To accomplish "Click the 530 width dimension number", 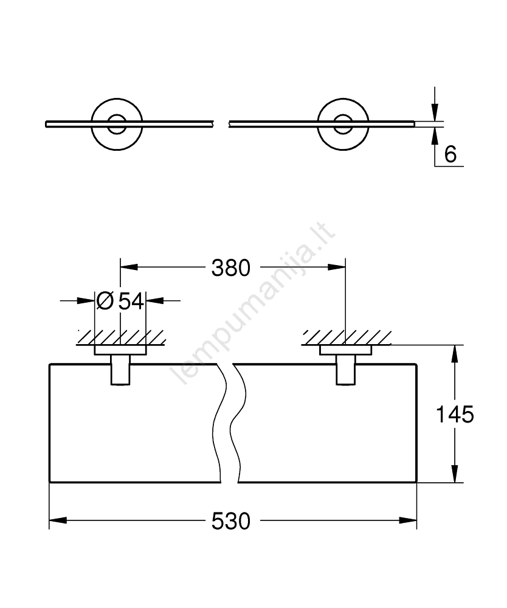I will click(x=231, y=520).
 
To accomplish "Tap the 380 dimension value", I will click(x=231, y=267).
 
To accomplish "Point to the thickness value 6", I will click(x=450, y=154).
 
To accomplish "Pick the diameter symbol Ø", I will click(x=105, y=300).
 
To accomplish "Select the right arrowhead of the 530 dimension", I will click(x=409, y=520).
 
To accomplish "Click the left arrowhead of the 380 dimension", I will click(x=128, y=267).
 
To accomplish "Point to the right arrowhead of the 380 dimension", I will click(x=337, y=267).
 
